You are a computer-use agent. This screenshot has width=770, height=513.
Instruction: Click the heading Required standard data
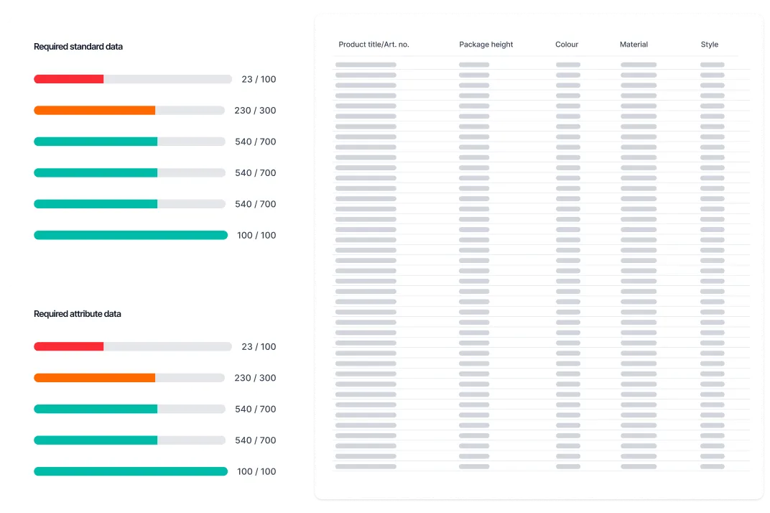[78, 47]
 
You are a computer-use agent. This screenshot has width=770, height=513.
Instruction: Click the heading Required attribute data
[78, 314]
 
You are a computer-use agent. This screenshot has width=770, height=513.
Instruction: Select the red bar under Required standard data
[69, 79]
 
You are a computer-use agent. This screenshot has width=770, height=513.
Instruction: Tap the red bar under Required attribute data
[69, 346]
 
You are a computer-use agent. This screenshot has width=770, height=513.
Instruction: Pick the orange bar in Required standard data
[94, 111]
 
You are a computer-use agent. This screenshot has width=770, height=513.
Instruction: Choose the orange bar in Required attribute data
[94, 378]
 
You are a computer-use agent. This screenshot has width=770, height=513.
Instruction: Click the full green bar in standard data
[131, 235]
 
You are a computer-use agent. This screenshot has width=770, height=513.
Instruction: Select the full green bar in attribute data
[131, 471]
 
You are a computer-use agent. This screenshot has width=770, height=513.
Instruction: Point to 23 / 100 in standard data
[259, 79]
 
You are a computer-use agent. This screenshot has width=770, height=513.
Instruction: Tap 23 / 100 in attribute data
[259, 346]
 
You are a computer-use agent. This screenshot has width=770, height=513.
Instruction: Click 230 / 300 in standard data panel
[255, 111]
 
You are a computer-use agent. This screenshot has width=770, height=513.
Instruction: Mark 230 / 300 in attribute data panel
[255, 378]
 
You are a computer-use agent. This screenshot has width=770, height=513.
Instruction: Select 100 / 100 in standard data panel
[256, 235]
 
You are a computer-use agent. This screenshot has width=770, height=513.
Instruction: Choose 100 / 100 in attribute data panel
[256, 471]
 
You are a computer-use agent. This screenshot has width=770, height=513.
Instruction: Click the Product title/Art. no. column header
[374, 45]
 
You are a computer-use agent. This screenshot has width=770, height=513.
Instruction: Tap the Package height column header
[486, 45]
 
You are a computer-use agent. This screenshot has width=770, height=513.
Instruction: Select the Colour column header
[567, 45]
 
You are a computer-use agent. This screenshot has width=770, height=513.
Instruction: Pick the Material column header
[634, 45]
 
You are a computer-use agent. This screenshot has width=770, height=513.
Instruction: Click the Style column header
[710, 45]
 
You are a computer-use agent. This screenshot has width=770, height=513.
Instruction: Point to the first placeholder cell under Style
[712, 65]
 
